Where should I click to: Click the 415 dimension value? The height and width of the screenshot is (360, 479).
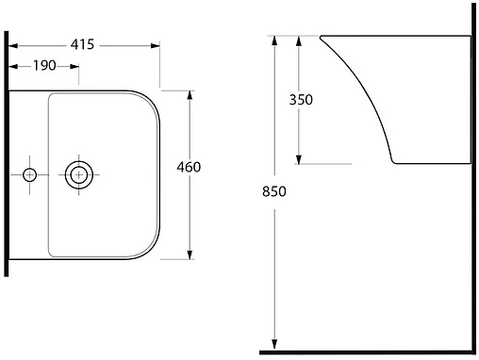pyautogui.click(x=82, y=44)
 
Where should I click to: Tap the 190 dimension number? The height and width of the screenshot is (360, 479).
pyautogui.click(x=44, y=66)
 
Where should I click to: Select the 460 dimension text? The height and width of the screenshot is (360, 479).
pyautogui.click(x=189, y=167)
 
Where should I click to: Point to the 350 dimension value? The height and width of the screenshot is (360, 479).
pyautogui.click(x=301, y=100)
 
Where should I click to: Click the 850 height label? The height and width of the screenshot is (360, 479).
pyautogui.click(x=274, y=191)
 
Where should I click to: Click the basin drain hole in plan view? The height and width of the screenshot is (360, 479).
pyautogui.click(x=78, y=174)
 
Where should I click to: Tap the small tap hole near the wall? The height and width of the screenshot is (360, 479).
pyautogui.click(x=29, y=174)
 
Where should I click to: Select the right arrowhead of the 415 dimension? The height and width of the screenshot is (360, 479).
pyautogui.click(x=155, y=46)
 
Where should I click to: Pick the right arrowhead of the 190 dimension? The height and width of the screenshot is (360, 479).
pyautogui.click(x=74, y=67)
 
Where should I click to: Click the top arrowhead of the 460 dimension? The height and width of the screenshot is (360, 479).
pyautogui.click(x=190, y=95)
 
